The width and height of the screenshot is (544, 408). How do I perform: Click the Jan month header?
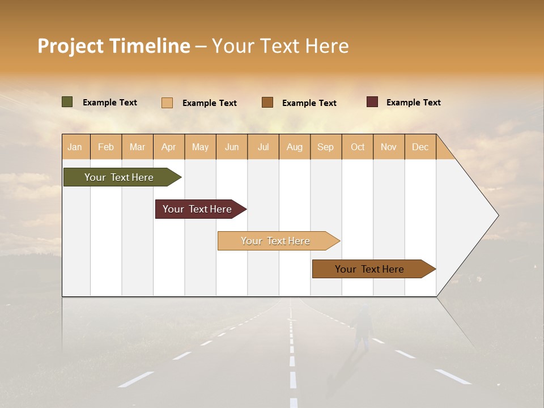click(x=75, y=147)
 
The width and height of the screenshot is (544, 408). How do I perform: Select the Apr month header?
click(x=168, y=147)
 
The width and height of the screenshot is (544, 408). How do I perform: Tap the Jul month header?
click(x=263, y=147)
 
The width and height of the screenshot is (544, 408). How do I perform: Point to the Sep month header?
click(x=325, y=147)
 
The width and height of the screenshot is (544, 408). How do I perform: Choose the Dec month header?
click(x=420, y=147)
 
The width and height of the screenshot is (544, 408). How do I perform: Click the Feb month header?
click(x=106, y=147)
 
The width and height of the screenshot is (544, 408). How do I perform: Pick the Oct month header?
click(x=358, y=147)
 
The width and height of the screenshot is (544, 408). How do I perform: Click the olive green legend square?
click(x=67, y=102)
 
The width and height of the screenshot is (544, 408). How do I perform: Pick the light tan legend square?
click(x=167, y=103)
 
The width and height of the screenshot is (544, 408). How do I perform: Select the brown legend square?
click(x=267, y=103)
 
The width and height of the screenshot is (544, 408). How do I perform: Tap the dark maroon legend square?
click(x=372, y=102)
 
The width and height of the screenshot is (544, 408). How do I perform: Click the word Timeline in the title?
click(x=150, y=46)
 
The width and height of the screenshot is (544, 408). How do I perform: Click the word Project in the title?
click(x=71, y=46)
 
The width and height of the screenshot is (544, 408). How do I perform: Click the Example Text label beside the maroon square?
click(x=413, y=103)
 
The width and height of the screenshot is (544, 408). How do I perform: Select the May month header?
click(x=200, y=147)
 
